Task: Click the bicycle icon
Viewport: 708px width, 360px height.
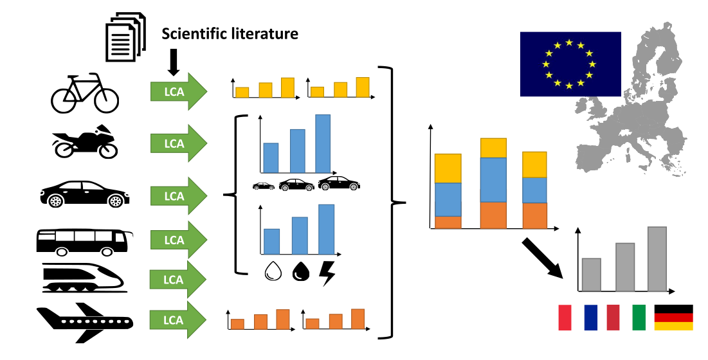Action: click(85, 94)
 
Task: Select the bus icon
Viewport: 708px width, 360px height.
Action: click(84, 242)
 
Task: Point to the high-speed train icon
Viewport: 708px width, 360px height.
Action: click(83, 278)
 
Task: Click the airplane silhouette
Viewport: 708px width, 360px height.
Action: click(84, 321)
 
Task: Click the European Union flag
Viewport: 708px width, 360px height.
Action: click(570, 64)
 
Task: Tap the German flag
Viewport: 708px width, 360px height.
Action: click(673, 318)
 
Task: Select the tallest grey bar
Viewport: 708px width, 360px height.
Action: click(657, 258)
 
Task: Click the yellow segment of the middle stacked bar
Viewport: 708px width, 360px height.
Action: click(493, 148)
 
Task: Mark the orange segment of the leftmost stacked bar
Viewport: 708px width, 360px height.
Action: click(448, 222)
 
